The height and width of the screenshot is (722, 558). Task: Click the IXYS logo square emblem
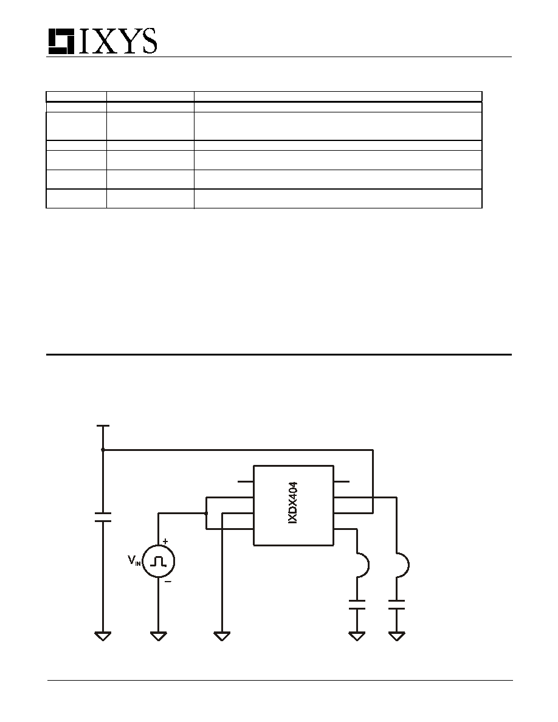pyautogui.click(x=61, y=42)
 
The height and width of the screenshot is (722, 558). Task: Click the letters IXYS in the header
pyautogui.click(x=117, y=41)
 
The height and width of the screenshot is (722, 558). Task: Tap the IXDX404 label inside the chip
pyautogui.click(x=292, y=503)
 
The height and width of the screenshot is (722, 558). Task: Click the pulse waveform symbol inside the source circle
pyautogui.click(x=159, y=561)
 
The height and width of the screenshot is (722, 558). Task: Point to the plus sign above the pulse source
pyautogui.click(x=165, y=541)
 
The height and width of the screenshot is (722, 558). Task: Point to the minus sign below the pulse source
pyautogui.click(x=168, y=581)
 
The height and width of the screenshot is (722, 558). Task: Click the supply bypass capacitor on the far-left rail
pyautogui.click(x=103, y=517)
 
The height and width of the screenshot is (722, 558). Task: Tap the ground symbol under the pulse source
pyautogui.click(x=159, y=636)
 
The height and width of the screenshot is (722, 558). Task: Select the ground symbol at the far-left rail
pyautogui.click(x=103, y=636)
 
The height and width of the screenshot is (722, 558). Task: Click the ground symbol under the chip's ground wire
pyautogui.click(x=222, y=636)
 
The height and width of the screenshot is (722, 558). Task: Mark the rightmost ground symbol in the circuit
pyautogui.click(x=396, y=636)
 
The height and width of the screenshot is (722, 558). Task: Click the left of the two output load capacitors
pyautogui.click(x=357, y=605)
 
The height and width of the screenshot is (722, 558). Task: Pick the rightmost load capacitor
pyautogui.click(x=396, y=605)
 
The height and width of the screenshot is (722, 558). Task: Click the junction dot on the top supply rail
pyautogui.click(x=103, y=449)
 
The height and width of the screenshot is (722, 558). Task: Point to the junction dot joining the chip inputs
pyautogui.click(x=206, y=513)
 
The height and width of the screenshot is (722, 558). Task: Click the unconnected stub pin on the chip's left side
pyautogui.click(x=246, y=482)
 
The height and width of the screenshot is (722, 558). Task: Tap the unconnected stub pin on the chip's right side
pyautogui.click(x=341, y=482)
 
